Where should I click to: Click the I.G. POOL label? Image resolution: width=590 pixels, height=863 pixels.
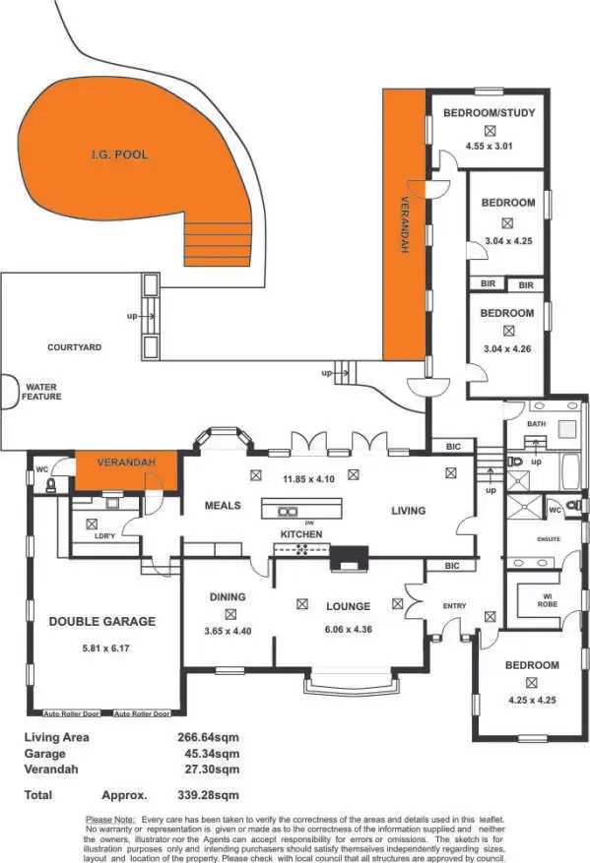119,155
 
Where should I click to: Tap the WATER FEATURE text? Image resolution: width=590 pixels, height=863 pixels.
43,392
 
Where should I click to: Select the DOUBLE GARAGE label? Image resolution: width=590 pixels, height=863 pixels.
102,622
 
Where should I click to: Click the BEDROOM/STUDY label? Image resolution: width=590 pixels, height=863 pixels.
490,113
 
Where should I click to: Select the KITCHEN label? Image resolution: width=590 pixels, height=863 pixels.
301,534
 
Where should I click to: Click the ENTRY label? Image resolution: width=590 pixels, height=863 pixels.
454,606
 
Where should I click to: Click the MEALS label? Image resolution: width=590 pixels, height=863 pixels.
223,506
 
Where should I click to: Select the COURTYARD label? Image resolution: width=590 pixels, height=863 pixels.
75,347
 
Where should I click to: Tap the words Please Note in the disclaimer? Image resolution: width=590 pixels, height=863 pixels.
112,819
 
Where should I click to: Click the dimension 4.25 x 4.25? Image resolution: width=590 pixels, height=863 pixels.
532,701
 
